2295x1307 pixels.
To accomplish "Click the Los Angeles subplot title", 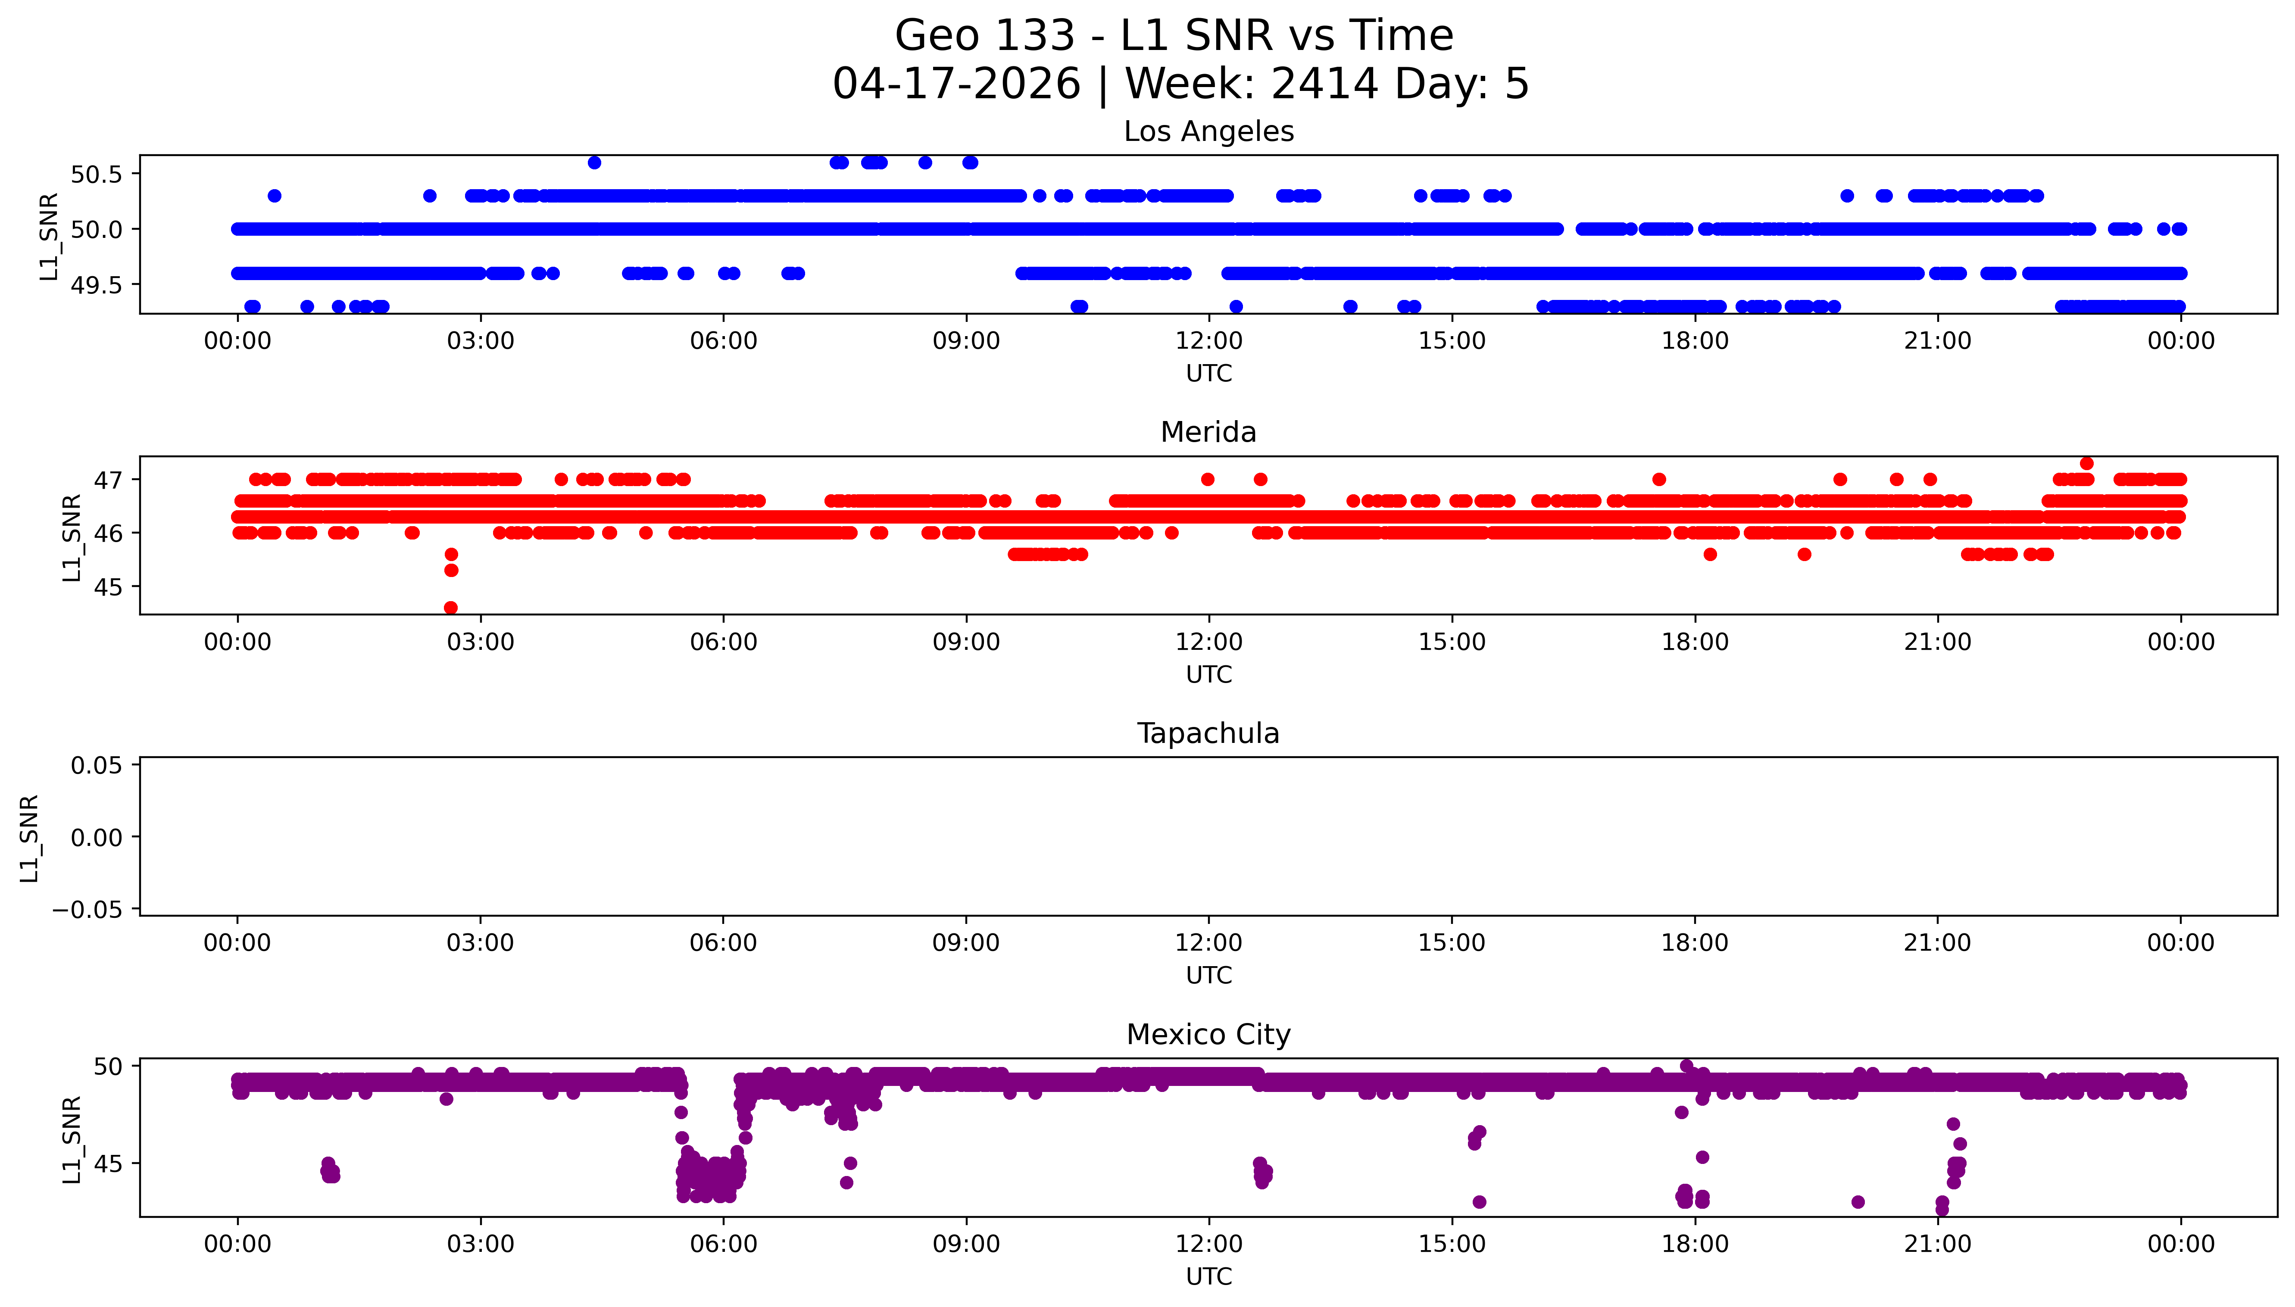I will click(1208, 132).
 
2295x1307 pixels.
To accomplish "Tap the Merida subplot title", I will click(1208, 433).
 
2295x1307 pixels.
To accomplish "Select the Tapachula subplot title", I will click(1208, 733).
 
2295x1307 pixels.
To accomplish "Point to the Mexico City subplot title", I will click(1208, 1035).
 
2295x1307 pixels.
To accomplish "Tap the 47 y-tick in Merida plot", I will click(108, 480).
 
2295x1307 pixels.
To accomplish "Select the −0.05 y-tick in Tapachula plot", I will click(87, 910).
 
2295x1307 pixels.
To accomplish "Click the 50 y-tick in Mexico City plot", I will click(108, 1067).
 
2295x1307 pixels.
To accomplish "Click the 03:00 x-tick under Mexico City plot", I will click(480, 1244).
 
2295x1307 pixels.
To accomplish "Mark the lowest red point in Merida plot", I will click(450, 608).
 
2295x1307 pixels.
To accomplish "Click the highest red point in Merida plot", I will click(2087, 463).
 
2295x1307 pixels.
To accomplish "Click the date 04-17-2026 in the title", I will click(956, 84).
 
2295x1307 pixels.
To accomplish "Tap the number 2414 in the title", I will click(1324, 84).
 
